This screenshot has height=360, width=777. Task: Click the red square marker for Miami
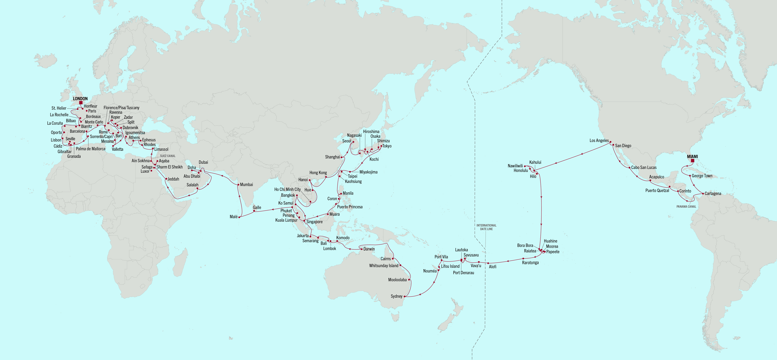[692, 160]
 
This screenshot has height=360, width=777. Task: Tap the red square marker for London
[81, 103]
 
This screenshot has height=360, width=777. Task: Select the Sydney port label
[396, 296]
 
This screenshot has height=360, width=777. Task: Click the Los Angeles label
[599, 141]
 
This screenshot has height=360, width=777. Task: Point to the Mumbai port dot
[238, 184]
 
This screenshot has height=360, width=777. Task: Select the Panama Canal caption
[686, 207]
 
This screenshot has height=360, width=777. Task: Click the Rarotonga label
[530, 263]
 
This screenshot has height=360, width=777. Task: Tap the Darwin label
[369, 249]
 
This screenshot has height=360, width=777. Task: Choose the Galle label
[257, 207]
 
